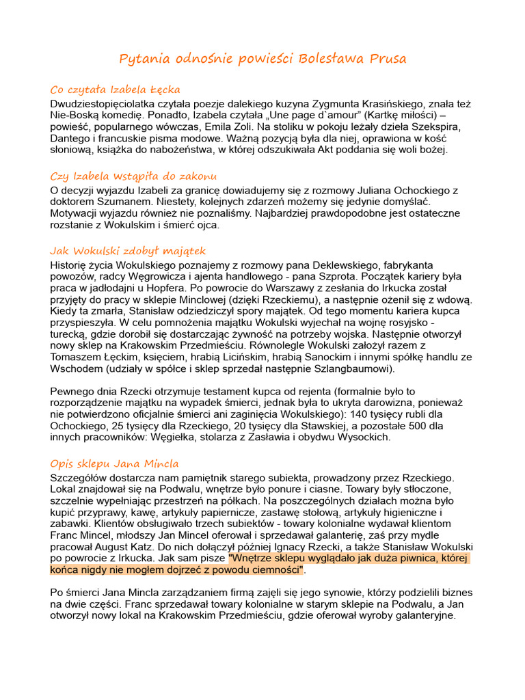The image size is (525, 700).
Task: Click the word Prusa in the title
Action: (x=389, y=59)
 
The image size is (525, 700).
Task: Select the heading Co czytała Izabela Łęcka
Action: (x=115, y=90)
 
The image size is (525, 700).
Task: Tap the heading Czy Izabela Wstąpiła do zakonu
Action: (x=133, y=176)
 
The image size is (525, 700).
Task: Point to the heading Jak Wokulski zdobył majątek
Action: (x=128, y=251)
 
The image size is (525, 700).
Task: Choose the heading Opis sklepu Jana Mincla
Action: (x=114, y=463)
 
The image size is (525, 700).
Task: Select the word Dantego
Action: (x=70, y=139)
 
